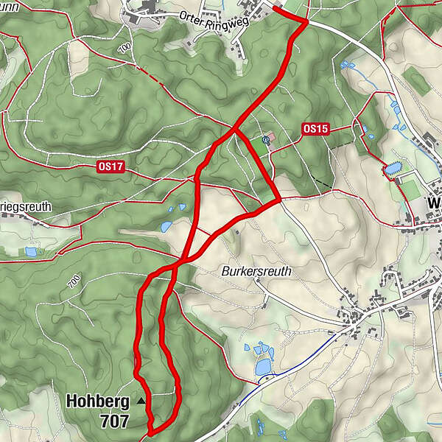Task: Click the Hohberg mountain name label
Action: pyautogui.click(x=97, y=401)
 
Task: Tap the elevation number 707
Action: pyautogui.click(x=116, y=421)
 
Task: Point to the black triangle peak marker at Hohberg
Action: pyautogui.click(x=141, y=401)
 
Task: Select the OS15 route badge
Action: pyautogui.click(x=315, y=129)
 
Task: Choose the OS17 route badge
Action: pyautogui.click(x=110, y=167)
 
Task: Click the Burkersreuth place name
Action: pyautogui.click(x=256, y=271)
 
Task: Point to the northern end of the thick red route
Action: pyautogui.click(x=276, y=8)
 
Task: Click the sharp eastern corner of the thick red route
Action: pyautogui.click(x=279, y=199)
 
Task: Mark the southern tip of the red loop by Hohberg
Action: pyautogui.click(x=150, y=432)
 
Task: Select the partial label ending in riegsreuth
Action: pyautogui.click(x=26, y=207)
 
